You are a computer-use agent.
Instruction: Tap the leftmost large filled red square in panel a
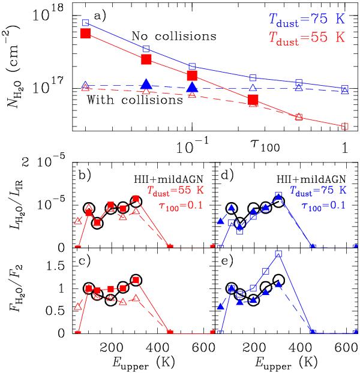[x=85, y=33]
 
